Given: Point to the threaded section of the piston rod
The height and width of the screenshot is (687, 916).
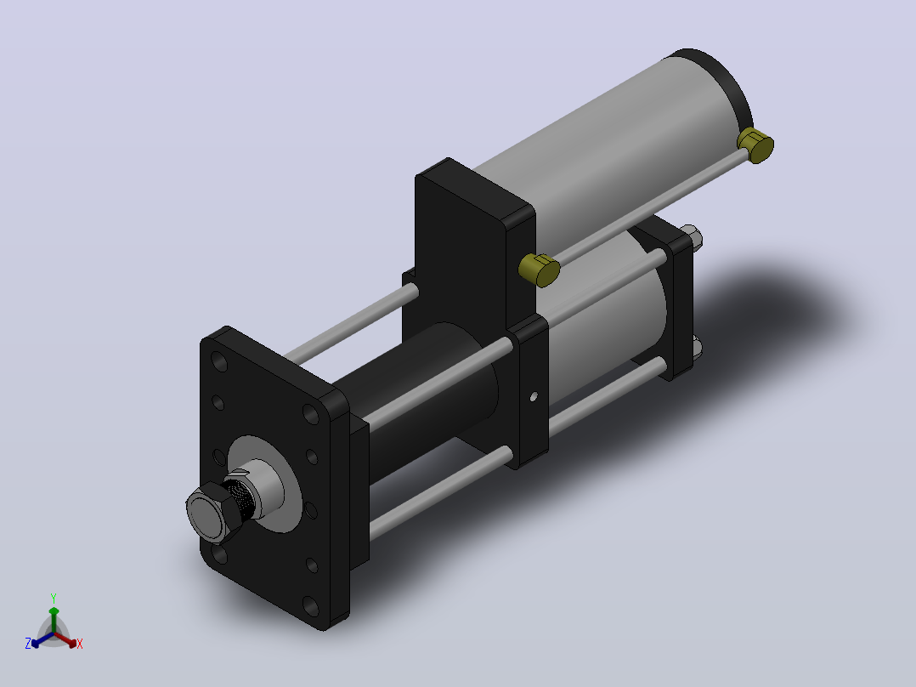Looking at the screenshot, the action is click(x=240, y=497).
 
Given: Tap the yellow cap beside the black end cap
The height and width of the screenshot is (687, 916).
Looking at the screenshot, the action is click(x=756, y=145).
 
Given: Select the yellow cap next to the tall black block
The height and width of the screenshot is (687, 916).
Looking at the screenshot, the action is click(x=540, y=270).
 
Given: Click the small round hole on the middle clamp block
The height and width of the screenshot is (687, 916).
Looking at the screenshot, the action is click(x=534, y=397).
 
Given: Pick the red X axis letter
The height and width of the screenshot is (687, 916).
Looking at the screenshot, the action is click(x=80, y=644).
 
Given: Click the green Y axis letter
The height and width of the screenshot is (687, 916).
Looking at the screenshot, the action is click(x=54, y=598).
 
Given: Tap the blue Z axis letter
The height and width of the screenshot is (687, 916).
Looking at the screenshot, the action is click(x=28, y=644).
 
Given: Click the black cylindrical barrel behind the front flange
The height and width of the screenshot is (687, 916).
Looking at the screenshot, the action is click(x=427, y=398).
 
